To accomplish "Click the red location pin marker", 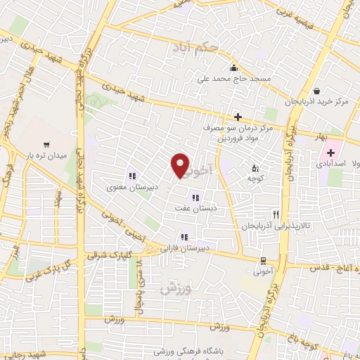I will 181,166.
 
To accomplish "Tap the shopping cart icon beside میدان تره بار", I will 46,142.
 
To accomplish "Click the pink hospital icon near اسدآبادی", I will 330,153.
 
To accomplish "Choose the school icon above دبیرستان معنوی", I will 131,176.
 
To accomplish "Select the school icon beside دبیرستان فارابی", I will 185,238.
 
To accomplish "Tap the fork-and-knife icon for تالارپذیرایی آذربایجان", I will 276,214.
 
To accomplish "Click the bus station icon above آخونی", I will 262,259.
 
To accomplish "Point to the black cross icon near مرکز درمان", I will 238,117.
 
